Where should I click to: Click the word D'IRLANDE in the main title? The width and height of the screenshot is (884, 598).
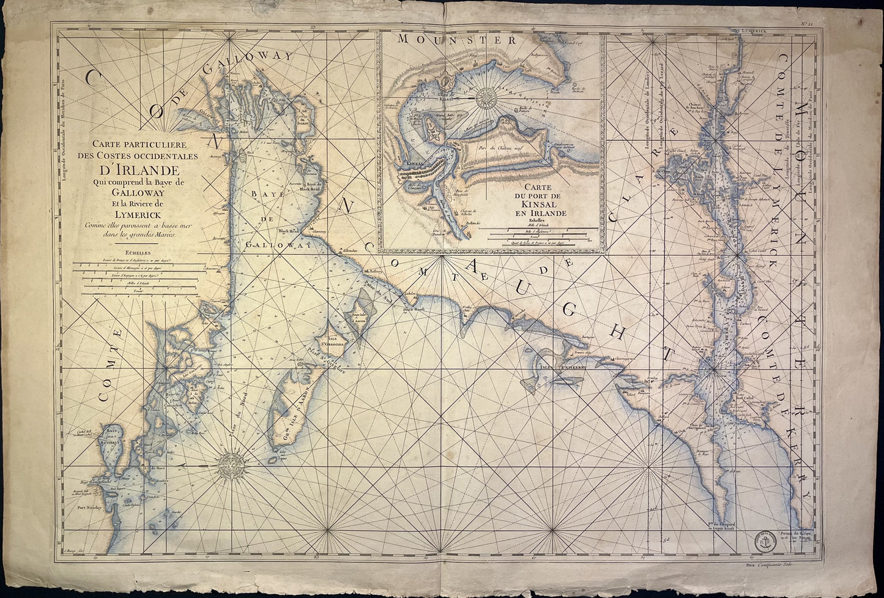pyautogui.click(x=136, y=170)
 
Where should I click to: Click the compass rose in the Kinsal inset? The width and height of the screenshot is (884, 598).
pyautogui.click(x=488, y=98)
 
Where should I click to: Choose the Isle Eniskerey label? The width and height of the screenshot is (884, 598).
pyautogui.click(x=558, y=367)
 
